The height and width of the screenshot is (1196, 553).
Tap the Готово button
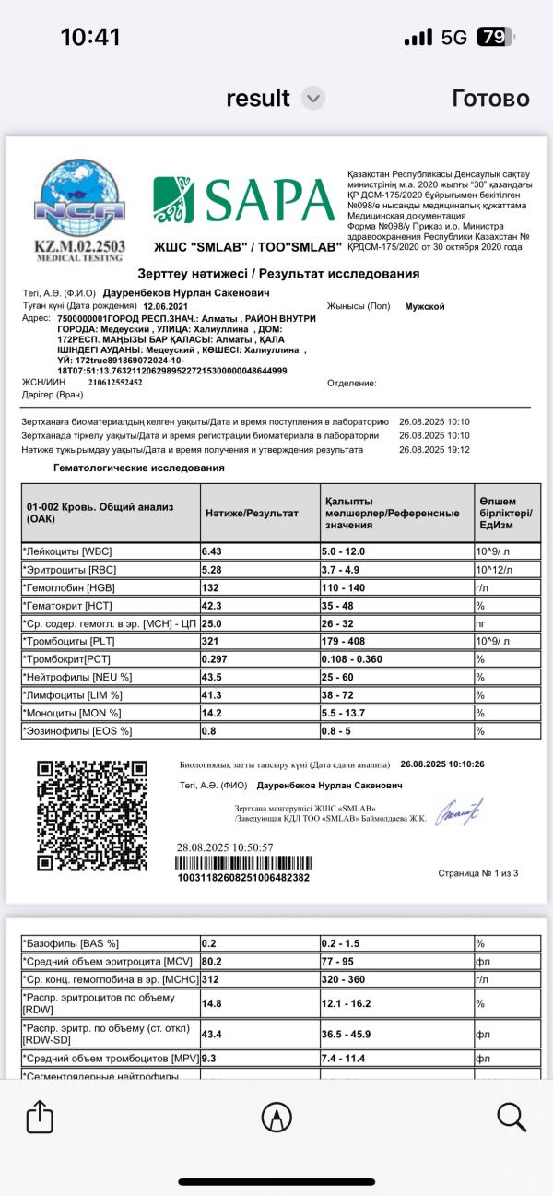point(490,99)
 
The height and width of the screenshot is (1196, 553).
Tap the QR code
point(92,815)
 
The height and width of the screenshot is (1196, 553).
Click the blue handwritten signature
point(459,811)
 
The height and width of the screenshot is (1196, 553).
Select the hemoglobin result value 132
point(212,586)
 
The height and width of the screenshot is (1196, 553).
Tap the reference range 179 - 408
point(350,641)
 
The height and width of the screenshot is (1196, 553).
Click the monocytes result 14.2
point(213,713)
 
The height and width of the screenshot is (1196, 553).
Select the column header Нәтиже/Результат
point(252,513)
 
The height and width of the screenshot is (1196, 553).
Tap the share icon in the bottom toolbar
point(40,1118)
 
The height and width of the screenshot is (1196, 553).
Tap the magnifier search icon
point(512,1118)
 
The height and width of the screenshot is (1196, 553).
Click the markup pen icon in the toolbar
point(276,1118)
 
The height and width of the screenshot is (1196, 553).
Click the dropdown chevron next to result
point(313,99)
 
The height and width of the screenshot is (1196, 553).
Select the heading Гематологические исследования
point(139,468)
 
